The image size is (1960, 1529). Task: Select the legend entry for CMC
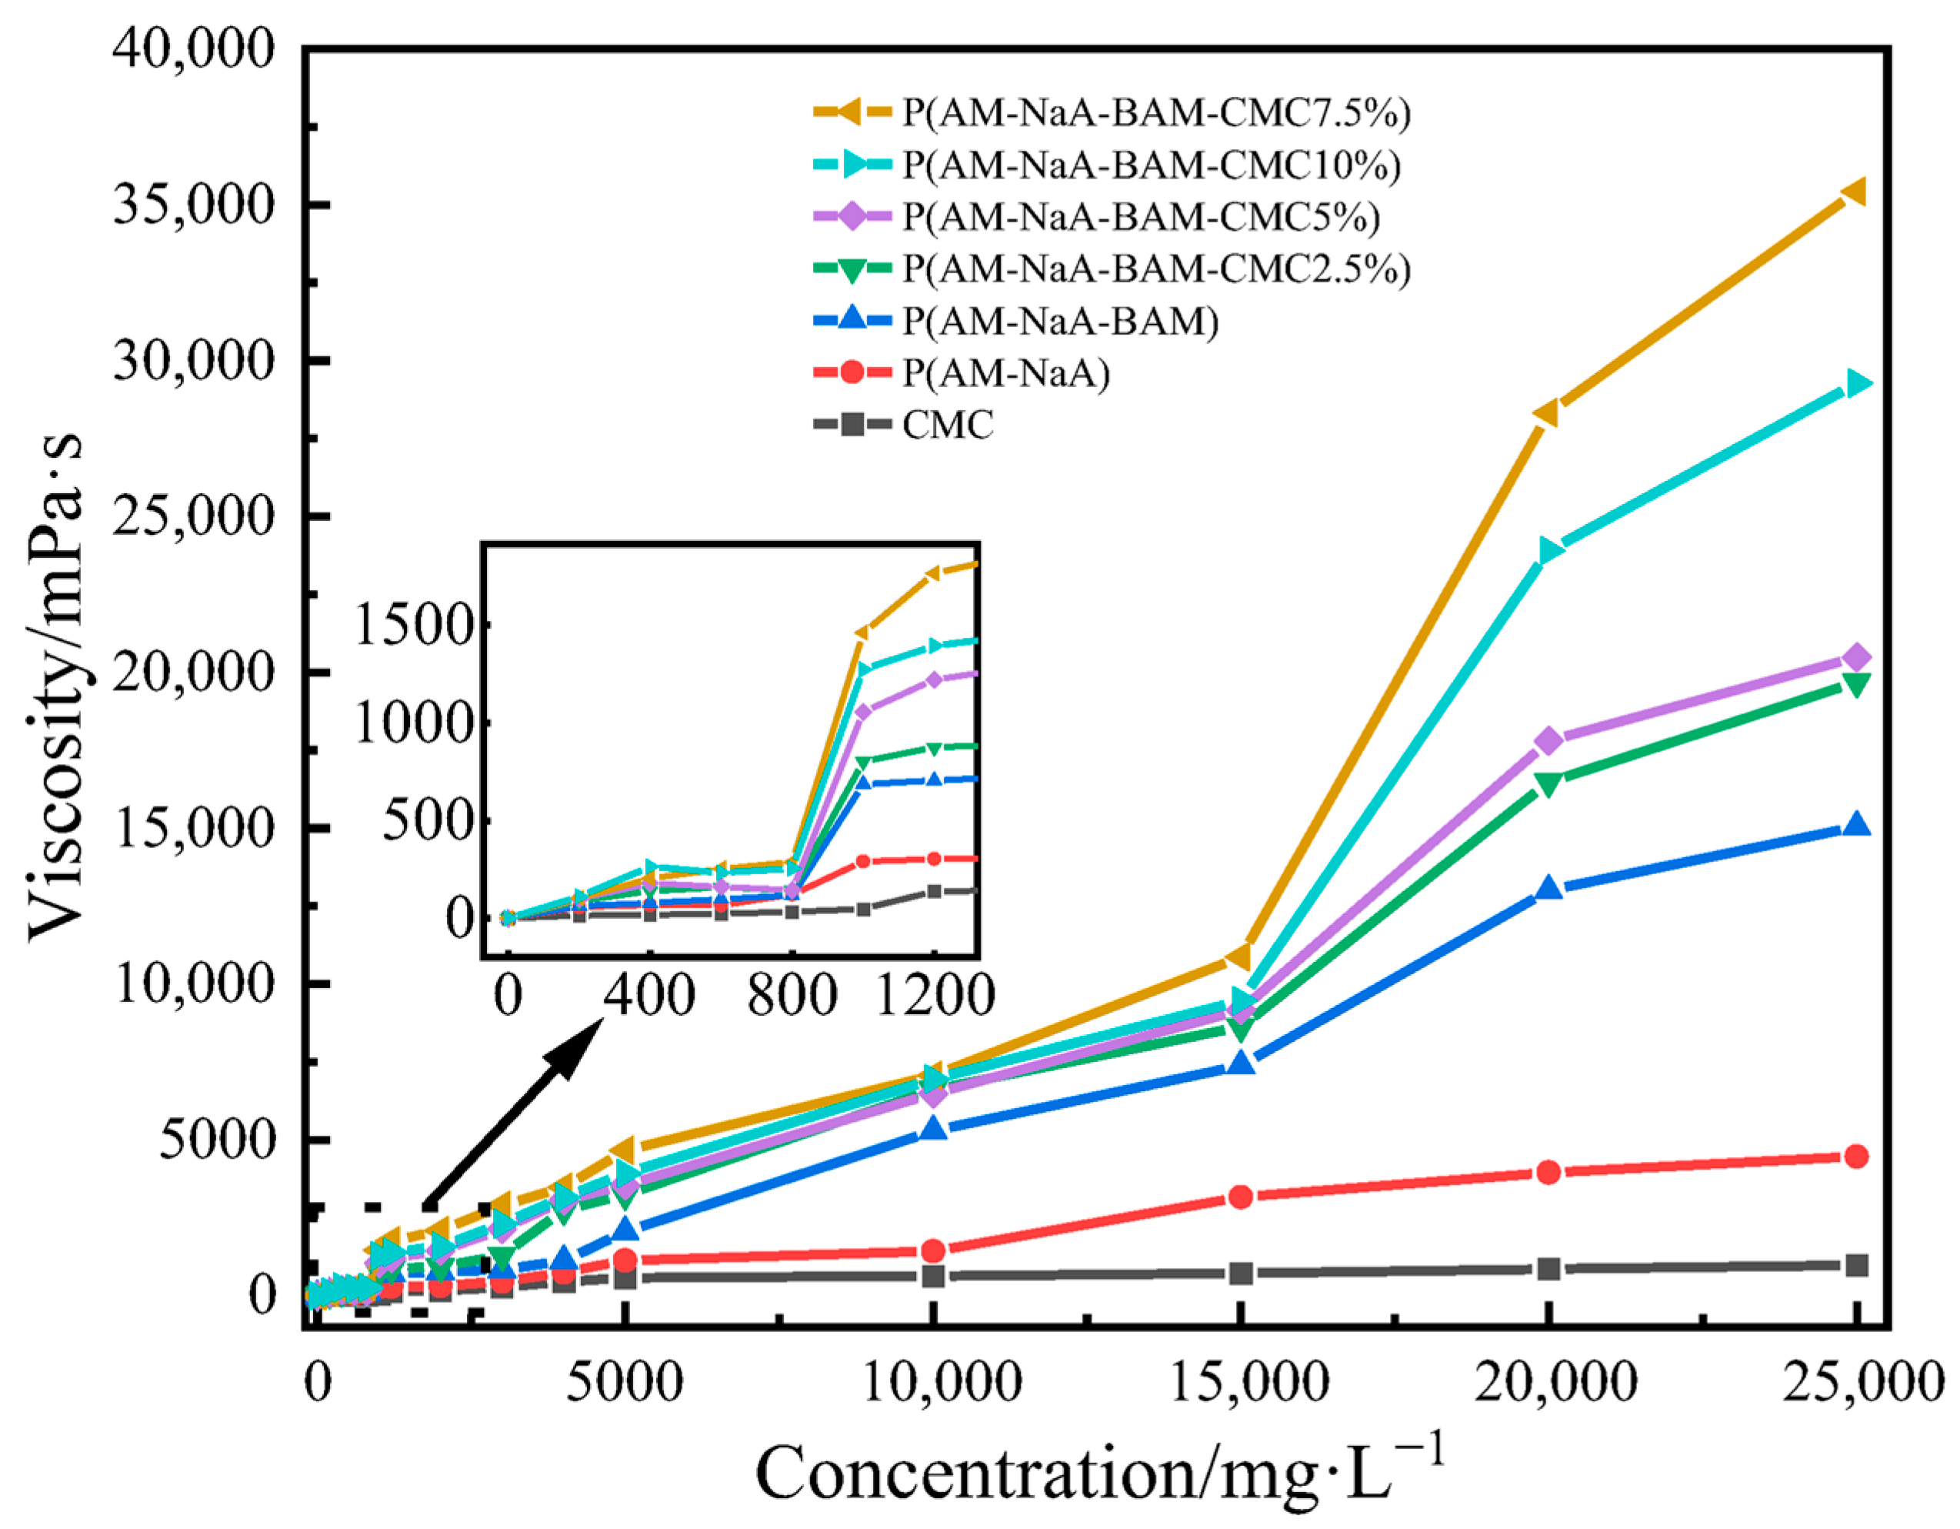[948, 425]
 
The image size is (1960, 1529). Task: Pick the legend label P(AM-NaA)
[1005, 372]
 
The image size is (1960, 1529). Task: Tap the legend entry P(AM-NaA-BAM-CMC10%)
[1152, 165]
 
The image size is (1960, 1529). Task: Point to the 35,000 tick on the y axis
[193, 205]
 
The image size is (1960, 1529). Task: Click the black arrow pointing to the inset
[512, 1113]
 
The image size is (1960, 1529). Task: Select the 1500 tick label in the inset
[414, 625]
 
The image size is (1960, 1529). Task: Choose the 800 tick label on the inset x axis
[792, 996]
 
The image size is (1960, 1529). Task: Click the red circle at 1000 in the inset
[863, 861]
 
